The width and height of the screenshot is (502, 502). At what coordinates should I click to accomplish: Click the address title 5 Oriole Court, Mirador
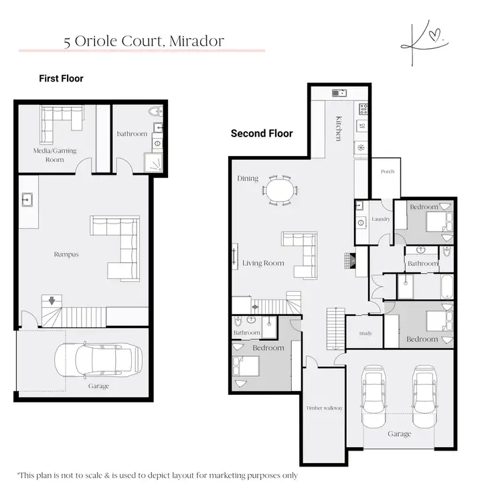pyautogui.click(x=143, y=41)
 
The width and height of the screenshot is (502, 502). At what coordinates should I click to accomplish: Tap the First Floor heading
pyautogui.click(x=61, y=79)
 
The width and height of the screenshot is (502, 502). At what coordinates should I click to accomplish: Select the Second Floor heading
pyautogui.click(x=262, y=133)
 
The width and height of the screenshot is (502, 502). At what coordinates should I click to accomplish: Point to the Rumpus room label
pyautogui.click(x=66, y=254)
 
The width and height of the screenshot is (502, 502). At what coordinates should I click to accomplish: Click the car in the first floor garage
pyautogui.click(x=98, y=360)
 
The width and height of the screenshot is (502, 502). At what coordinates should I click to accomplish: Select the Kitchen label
pyautogui.click(x=339, y=128)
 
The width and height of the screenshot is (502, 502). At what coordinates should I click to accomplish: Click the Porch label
pyautogui.click(x=387, y=172)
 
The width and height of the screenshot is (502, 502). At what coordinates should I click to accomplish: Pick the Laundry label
pyautogui.click(x=380, y=219)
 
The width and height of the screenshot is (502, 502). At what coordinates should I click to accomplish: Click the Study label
pyautogui.click(x=365, y=333)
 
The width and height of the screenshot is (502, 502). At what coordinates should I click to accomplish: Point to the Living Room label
pyautogui.click(x=264, y=263)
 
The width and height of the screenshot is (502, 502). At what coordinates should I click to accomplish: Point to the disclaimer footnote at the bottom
pyautogui.click(x=157, y=475)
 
